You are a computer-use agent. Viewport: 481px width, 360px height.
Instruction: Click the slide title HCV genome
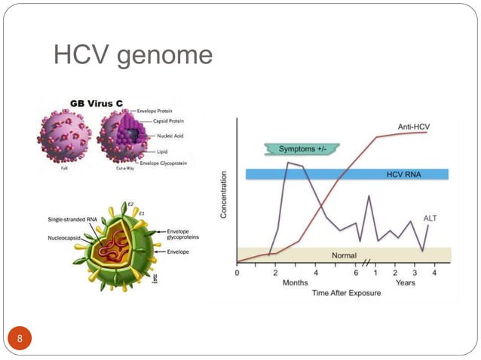133,56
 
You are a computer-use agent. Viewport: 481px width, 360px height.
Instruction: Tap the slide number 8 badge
20,337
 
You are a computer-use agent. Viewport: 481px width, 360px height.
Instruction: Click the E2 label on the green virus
130,203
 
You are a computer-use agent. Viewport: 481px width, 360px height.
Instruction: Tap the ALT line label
430,218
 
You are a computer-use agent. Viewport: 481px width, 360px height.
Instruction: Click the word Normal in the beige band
344,255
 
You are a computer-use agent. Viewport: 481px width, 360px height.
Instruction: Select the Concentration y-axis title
223,194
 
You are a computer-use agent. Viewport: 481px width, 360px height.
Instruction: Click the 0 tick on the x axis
237,272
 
